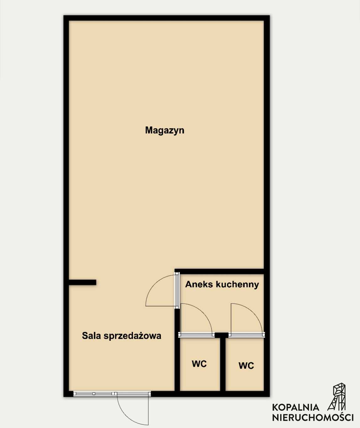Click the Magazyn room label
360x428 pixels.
[165, 131]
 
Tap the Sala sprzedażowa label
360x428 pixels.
[121, 335]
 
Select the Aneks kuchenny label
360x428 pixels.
[222, 284]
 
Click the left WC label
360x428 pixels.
[199, 364]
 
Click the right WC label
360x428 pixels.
[246, 366]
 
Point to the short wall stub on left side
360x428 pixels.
[82, 282]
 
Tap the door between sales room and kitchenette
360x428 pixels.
[177, 290]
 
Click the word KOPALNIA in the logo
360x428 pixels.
[296, 407]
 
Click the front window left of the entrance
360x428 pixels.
[94, 393]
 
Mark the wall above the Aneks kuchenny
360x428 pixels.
[219, 271]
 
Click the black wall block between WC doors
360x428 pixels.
[221, 335]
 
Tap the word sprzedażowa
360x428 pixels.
[132, 336]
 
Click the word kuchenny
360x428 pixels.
[237, 285]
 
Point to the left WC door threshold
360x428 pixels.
[196, 335]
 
